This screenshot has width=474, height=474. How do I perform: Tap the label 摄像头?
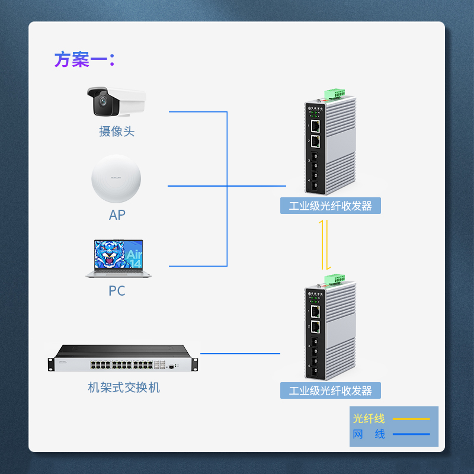(117, 131)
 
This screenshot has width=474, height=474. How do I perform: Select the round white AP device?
(116, 180)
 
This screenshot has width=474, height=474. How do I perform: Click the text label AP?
(117, 214)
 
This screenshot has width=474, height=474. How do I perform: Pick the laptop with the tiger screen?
(118, 258)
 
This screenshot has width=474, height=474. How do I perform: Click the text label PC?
(117, 291)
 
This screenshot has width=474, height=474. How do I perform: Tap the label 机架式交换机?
(124, 387)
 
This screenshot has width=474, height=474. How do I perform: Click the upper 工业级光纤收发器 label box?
(330, 206)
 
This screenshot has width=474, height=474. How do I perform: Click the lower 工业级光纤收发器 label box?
(330, 390)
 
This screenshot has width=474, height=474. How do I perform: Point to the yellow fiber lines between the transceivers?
(324, 244)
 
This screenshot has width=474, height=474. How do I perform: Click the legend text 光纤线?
(369, 418)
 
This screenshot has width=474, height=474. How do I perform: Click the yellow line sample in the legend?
(411, 419)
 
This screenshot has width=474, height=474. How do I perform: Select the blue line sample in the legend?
(411, 434)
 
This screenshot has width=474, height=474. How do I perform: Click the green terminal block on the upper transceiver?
(335, 93)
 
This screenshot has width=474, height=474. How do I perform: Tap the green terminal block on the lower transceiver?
(334, 278)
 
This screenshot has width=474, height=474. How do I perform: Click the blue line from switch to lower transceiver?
(240, 354)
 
